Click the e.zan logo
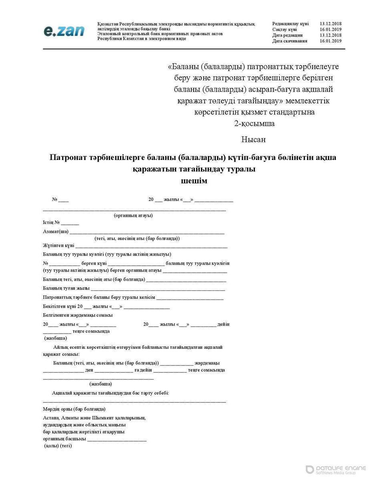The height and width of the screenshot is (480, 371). (x=64, y=31)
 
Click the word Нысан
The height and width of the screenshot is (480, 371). (x=253, y=140)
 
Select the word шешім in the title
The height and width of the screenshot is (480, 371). (x=195, y=181)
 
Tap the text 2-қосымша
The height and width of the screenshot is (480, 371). (x=254, y=124)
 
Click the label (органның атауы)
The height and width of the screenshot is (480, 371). (x=133, y=216)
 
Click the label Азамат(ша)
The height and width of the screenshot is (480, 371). (x=56, y=231)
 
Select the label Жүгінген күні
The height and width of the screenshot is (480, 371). (x=58, y=245)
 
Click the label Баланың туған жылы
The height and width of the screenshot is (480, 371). (x=66, y=288)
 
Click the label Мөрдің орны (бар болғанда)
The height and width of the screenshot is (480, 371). (x=74, y=409)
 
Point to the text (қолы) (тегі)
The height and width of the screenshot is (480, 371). (x=58, y=446)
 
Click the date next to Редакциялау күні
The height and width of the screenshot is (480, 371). (x=330, y=24)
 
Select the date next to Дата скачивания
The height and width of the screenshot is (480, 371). (x=330, y=41)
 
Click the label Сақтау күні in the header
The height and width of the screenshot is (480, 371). (x=285, y=30)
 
